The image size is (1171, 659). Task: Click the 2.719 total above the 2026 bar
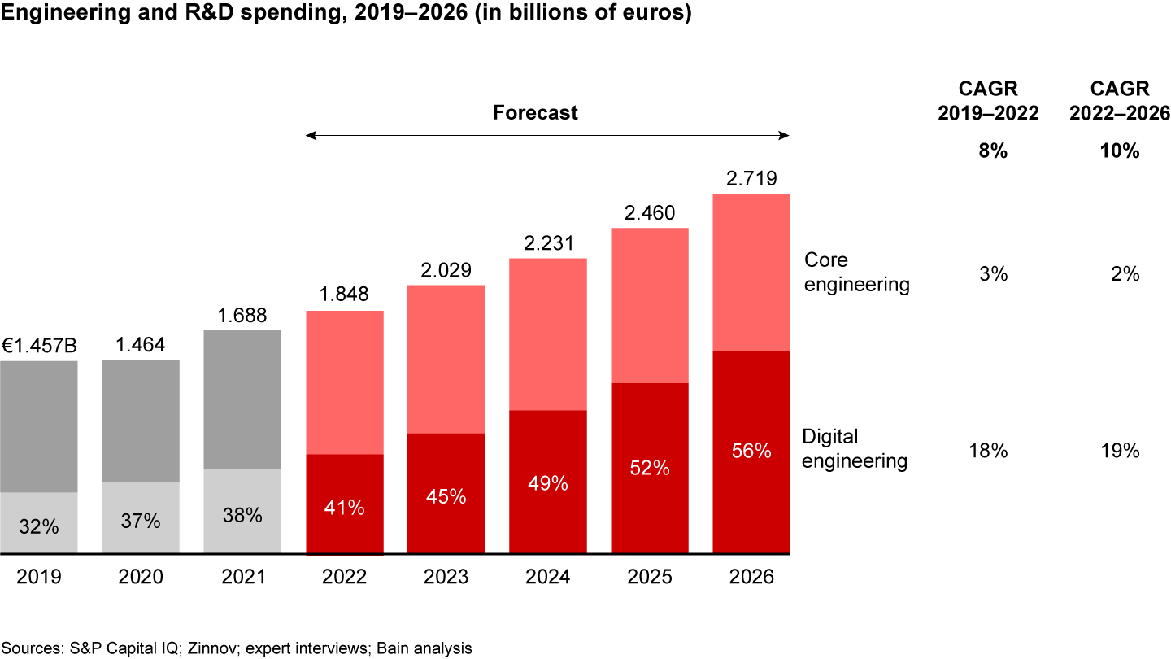tap(751, 179)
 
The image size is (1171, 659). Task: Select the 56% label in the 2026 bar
tap(751, 451)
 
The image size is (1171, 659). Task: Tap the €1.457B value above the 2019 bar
tap(39, 347)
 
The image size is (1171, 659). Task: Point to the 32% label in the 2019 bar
tap(39, 526)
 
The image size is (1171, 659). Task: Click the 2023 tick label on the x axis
tap(446, 577)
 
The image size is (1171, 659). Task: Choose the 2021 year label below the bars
tap(242, 577)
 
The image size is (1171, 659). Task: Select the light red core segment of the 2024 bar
tap(548, 334)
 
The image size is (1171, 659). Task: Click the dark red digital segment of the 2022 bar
tap(345, 504)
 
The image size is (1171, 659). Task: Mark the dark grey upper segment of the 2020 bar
tap(141, 421)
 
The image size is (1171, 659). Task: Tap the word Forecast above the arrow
tap(535, 112)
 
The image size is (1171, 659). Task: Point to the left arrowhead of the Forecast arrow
tap(310, 135)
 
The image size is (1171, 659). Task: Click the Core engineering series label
tap(855, 273)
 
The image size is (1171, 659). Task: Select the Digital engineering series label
tap(854, 449)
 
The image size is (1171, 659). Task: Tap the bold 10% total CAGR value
tap(1125, 151)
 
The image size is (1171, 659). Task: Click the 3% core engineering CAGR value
tap(994, 275)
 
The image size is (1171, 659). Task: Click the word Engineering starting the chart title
tap(54, 15)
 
